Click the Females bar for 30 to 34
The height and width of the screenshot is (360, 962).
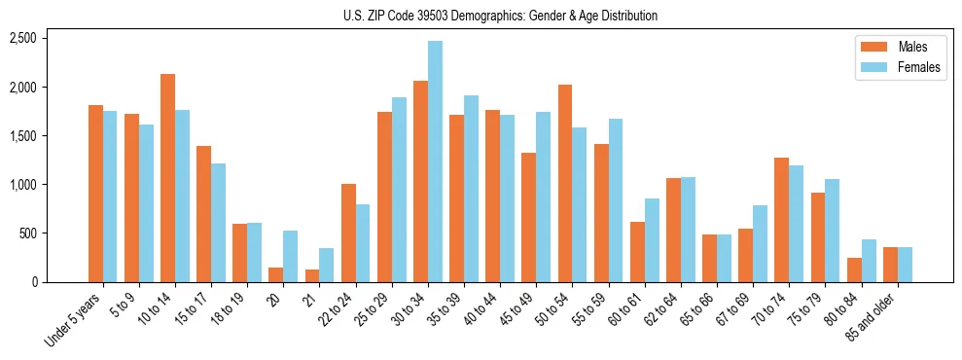tap(435, 162)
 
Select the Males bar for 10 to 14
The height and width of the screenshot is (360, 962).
tap(168, 178)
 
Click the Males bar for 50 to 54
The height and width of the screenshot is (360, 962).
tap(564, 184)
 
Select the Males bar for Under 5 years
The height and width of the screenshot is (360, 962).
tap(96, 194)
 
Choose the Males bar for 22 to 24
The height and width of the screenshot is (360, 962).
tap(348, 233)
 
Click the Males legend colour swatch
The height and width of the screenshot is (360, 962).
tap(868, 47)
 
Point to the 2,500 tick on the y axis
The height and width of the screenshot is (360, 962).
tap(22, 38)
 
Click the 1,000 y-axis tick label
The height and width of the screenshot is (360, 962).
tap(22, 185)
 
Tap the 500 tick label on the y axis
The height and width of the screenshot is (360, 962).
tap(27, 234)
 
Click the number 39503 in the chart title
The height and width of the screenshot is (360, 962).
tap(443, 16)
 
